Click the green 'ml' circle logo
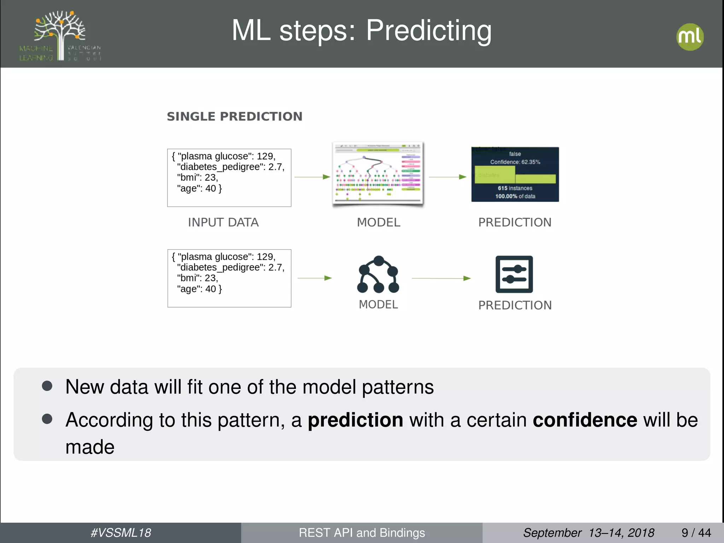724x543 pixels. (690, 37)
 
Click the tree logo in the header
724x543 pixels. (60, 35)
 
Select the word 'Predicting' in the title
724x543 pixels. (428, 31)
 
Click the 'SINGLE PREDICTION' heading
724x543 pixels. (234, 116)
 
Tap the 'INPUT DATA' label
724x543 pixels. (223, 222)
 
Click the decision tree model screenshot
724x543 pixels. (378, 174)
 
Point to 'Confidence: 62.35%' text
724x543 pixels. (515, 162)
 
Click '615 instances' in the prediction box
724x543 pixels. (515, 188)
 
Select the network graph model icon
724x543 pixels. (378, 275)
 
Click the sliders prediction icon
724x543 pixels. (514, 274)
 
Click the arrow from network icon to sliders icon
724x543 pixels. (441, 278)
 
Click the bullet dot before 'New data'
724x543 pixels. (47, 386)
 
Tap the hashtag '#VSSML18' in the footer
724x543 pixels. (121, 532)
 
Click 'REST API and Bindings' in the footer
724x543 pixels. (362, 532)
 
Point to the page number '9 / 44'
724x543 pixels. (696, 532)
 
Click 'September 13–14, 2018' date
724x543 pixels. (588, 532)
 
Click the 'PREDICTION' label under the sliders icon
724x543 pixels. (515, 305)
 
